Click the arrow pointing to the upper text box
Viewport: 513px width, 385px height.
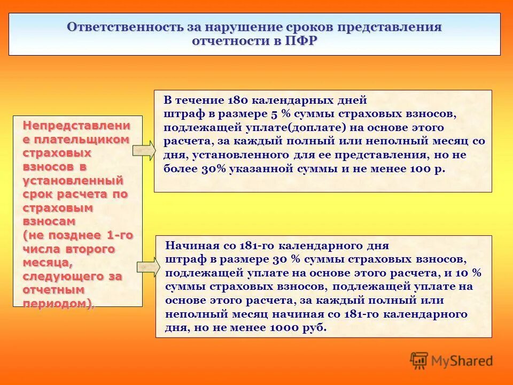click(143, 151)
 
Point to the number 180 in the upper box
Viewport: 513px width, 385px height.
click(238, 100)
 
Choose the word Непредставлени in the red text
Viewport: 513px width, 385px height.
click(76, 126)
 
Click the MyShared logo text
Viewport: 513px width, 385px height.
click(462, 361)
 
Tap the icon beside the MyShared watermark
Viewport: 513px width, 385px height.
click(419, 360)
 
